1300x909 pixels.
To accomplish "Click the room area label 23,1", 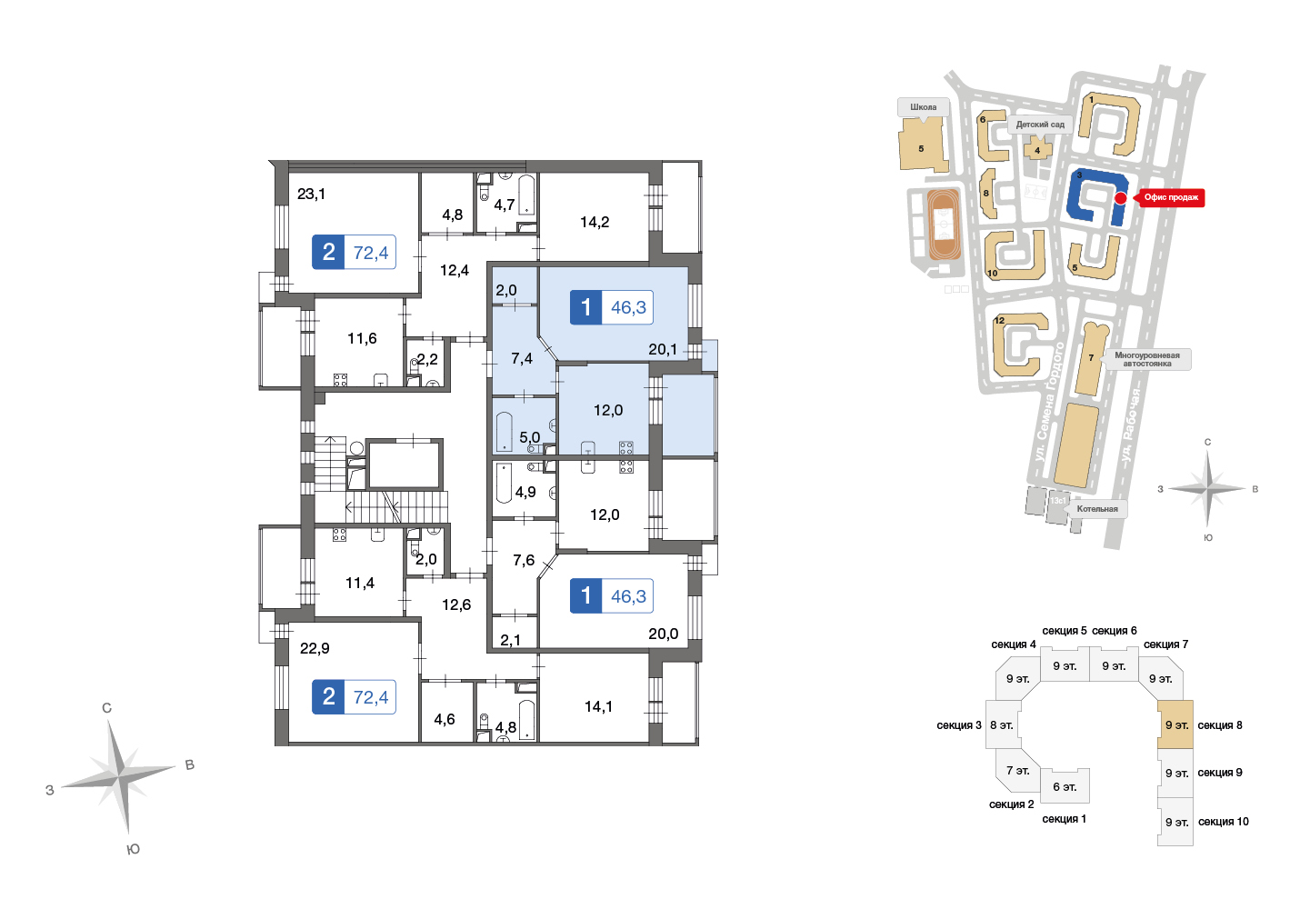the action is click(311, 195).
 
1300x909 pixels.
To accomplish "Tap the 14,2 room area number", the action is click(595, 223).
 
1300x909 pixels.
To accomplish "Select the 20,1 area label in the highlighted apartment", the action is click(662, 349).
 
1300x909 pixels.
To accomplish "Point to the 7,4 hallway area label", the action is click(521, 359).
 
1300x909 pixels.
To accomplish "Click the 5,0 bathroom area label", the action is click(529, 437).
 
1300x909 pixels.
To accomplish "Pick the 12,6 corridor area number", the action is click(456, 604).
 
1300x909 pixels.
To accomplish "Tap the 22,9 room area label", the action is click(315, 648).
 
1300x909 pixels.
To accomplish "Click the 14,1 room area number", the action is click(598, 707).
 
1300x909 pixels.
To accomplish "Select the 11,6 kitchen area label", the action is click(362, 338).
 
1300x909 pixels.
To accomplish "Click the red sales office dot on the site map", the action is click(1121, 198).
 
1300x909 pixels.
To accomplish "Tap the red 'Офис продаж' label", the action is click(1171, 198).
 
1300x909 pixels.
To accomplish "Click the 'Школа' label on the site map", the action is click(924, 107).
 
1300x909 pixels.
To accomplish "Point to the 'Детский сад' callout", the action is click(1041, 125).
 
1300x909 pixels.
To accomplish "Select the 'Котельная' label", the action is click(1097, 509).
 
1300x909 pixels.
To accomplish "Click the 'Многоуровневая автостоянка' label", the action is click(1146, 359).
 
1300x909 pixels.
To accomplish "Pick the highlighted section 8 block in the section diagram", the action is click(1175, 724).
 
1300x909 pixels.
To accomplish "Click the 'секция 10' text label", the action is click(1223, 822).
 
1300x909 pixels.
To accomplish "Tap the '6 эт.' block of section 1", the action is click(1065, 786).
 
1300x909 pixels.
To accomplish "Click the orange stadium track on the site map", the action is click(944, 224).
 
